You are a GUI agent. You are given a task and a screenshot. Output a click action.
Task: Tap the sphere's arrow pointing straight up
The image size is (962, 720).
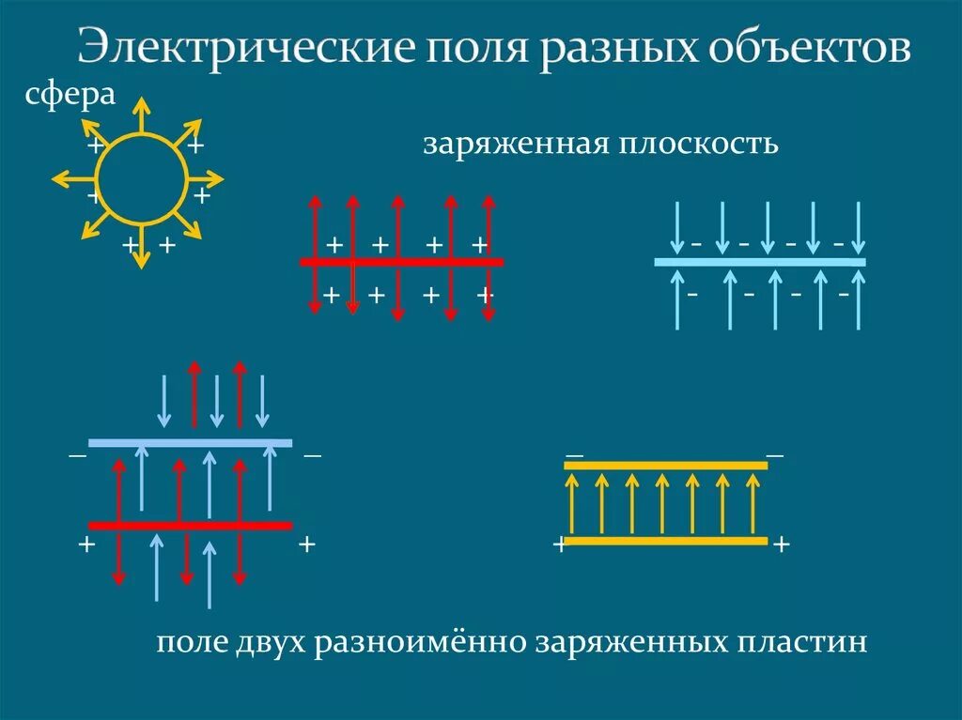click(140, 113)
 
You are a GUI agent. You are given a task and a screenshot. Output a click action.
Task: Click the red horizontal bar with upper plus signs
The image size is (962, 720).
click(402, 262)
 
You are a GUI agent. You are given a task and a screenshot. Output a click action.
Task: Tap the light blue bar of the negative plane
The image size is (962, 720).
click(759, 262)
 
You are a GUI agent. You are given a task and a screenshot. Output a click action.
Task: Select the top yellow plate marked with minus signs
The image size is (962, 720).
click(665, 466)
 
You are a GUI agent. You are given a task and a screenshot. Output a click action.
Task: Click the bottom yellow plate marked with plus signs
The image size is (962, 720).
click(665, 541)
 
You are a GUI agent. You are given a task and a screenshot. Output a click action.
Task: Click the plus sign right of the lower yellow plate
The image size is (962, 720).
click(780, 545)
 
